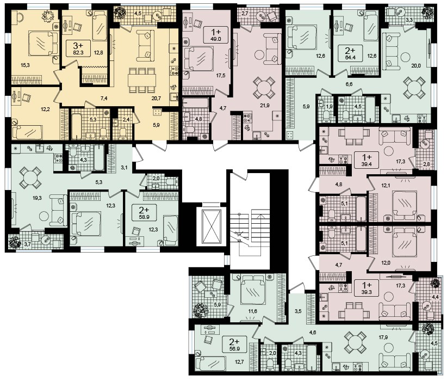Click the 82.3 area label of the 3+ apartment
tap(78, 52)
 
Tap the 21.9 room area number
tap(265, 106)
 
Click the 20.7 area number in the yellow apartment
tap(157, 98)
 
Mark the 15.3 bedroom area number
tap(25, 65)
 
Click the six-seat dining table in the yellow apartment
tap(142, 79)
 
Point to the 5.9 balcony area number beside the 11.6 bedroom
tap(217, 304)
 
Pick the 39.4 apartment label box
tap(367, 161)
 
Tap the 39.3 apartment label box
tap(367, 289)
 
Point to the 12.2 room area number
tap(45, 109)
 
